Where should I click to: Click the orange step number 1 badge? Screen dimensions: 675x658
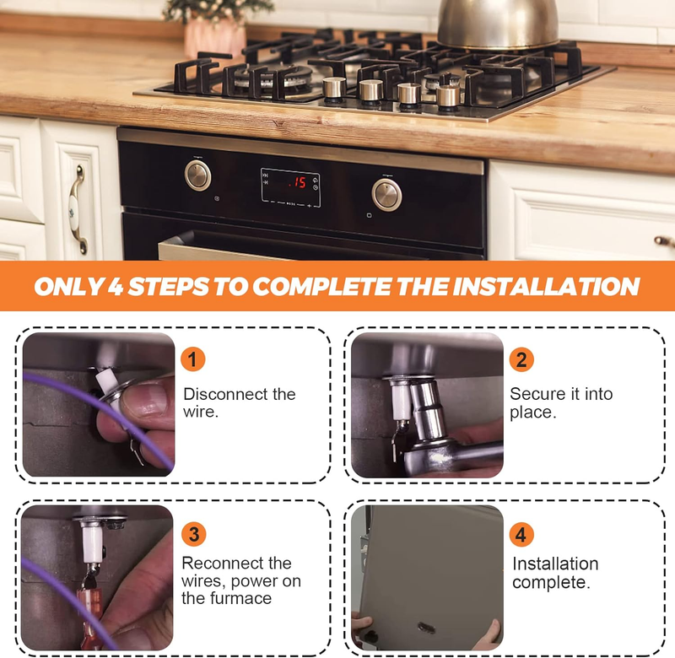point(192,359)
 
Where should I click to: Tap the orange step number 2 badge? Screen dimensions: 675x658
point(521,359)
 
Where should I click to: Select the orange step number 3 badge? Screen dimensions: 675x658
point(194,534)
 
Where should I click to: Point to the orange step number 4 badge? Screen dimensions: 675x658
point(521,535)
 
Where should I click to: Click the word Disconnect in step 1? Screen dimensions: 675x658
point(220,394)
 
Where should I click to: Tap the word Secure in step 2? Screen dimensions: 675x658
point(533,394)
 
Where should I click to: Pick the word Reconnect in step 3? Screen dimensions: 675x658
point(217,563)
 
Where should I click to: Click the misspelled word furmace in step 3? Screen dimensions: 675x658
point(244,598)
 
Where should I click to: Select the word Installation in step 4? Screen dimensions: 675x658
point(555,564)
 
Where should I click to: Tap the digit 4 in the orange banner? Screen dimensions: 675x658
point(116,287)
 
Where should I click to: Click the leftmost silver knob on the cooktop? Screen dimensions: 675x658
point(334,89)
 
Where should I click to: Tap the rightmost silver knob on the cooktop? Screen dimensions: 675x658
point(448,95)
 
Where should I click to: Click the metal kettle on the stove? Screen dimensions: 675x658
point(498,24)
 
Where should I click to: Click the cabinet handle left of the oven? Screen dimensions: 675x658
point(78,209)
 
